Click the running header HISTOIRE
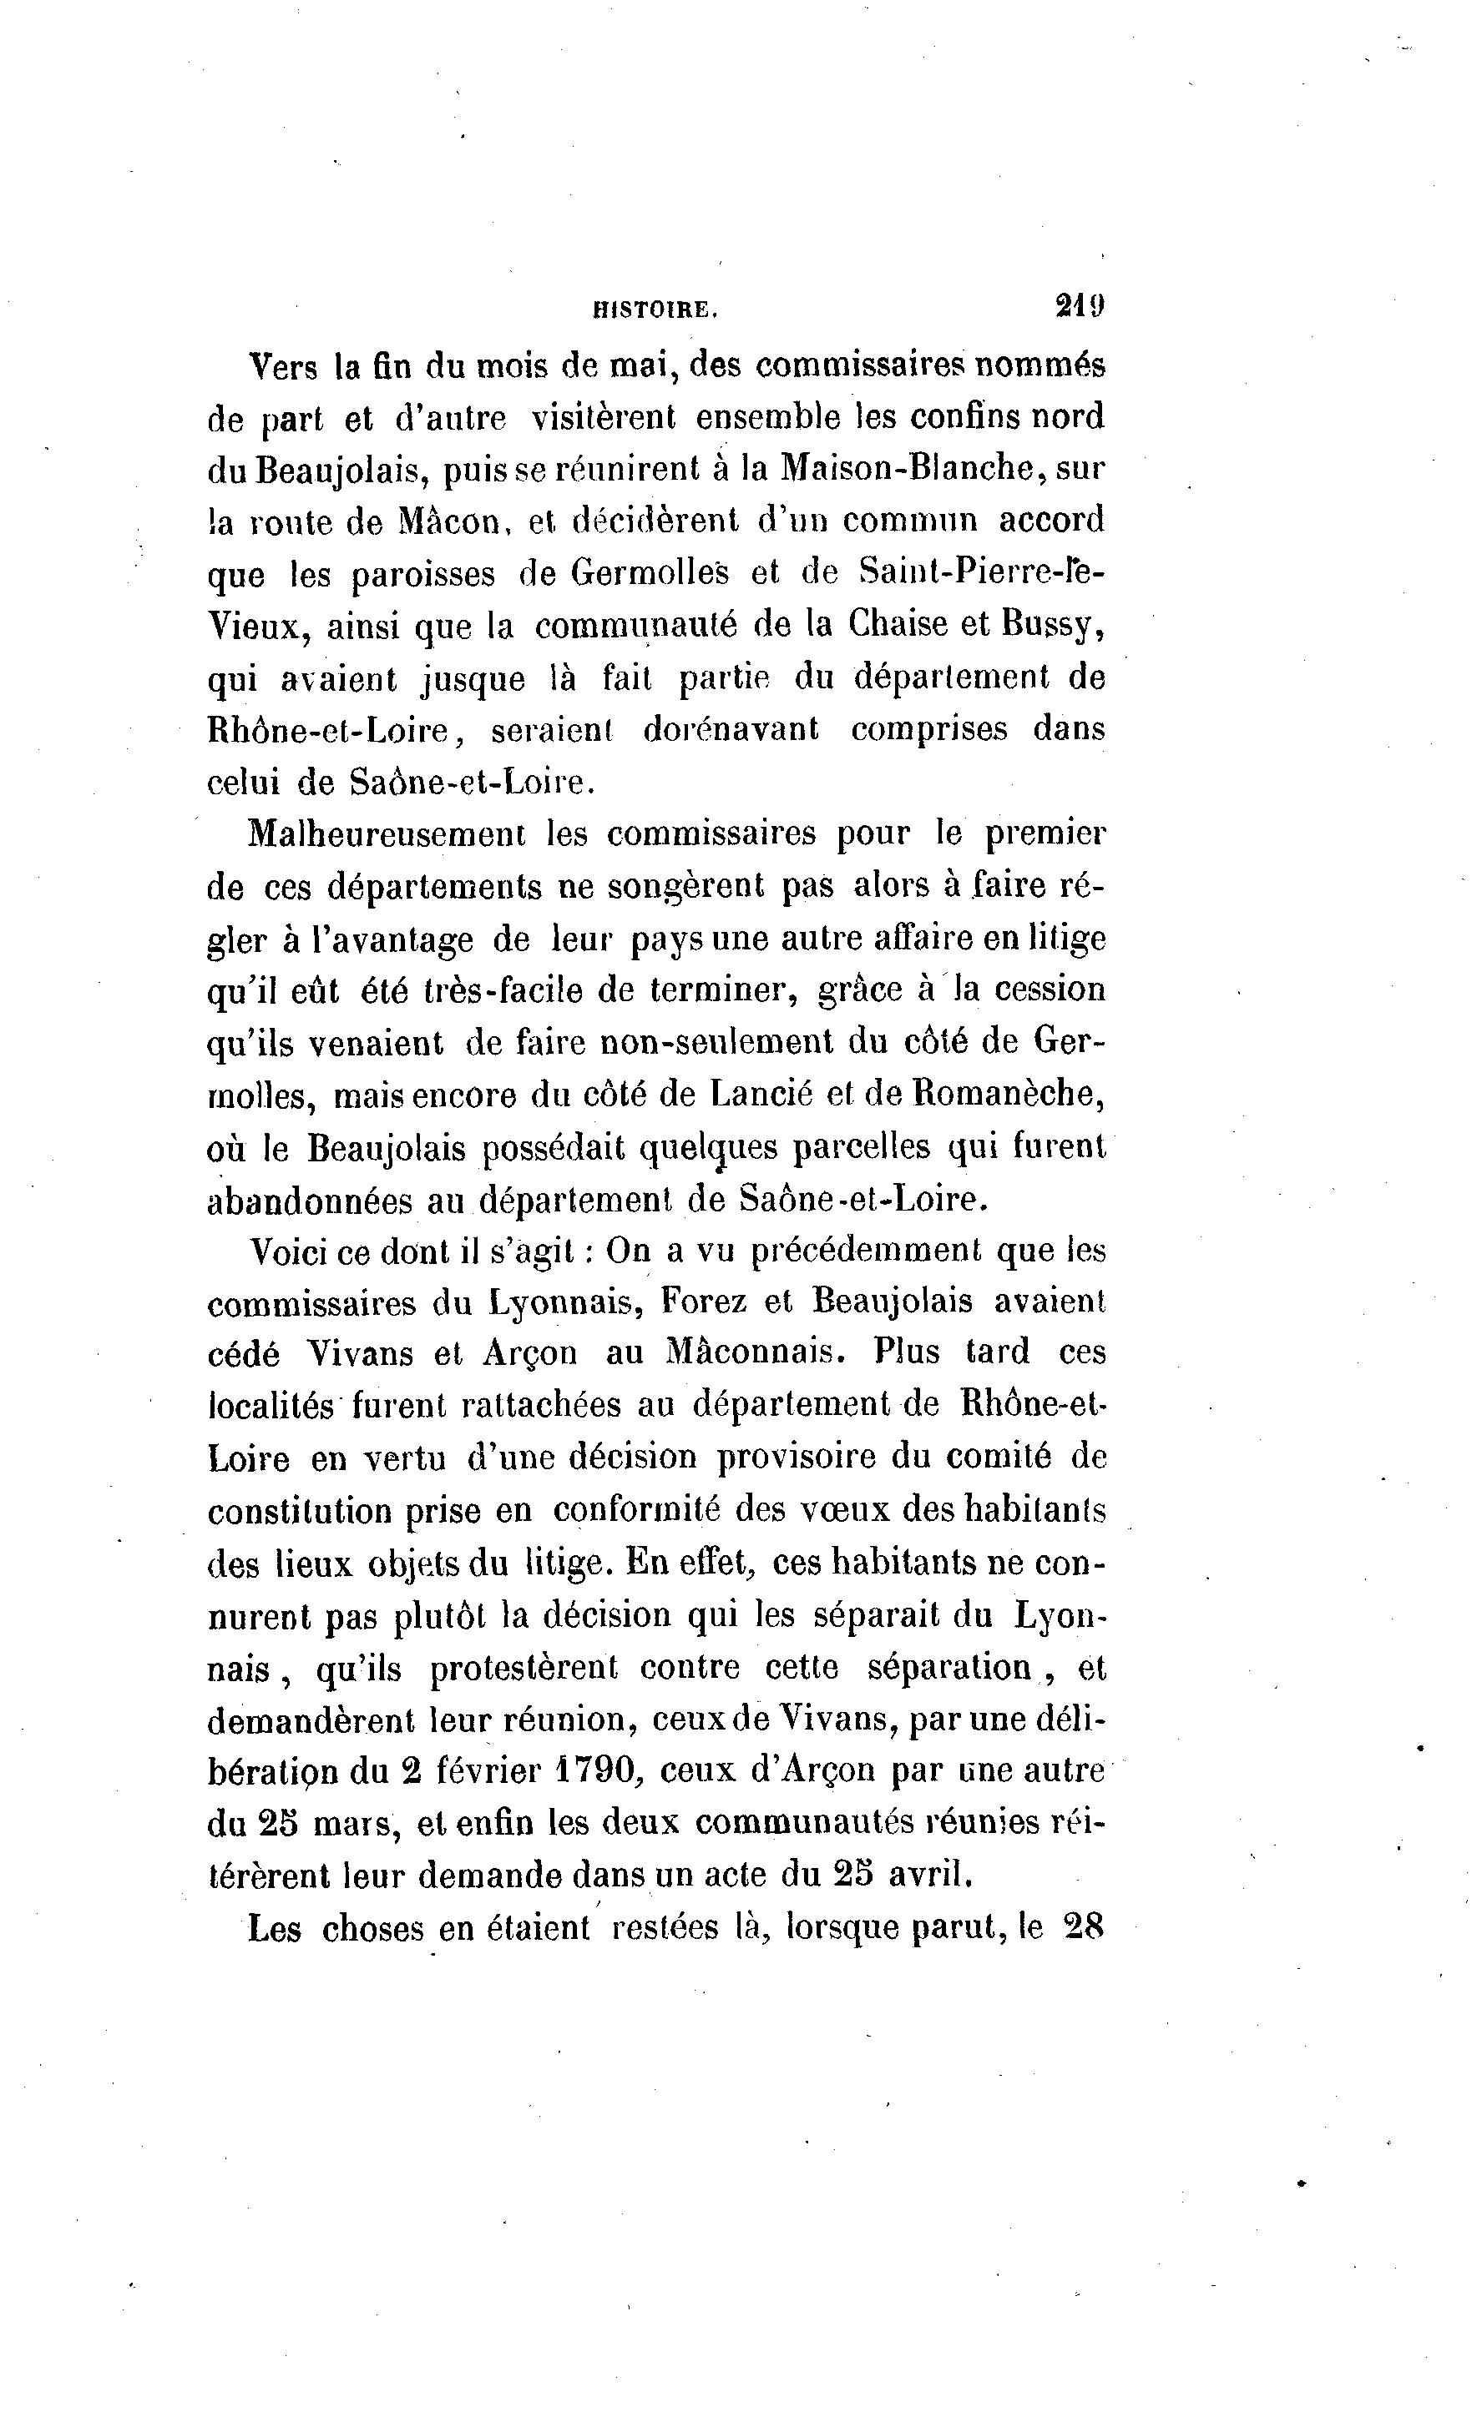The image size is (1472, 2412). click(x=655, y=310)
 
